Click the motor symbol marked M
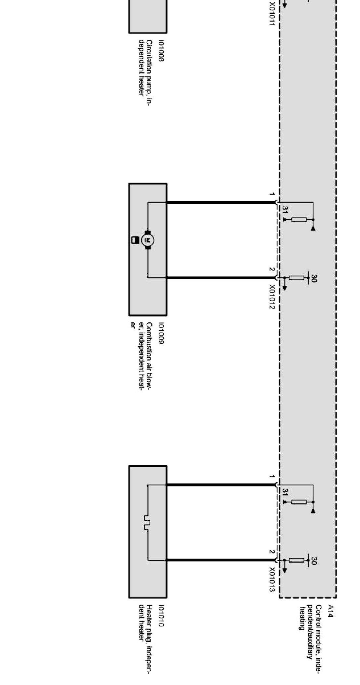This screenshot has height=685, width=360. (x=148, y=240)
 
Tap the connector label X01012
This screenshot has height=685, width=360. (x=272, y=297)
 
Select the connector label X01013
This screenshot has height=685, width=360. (x=272, y=580)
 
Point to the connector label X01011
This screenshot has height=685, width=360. (x=272, y=15)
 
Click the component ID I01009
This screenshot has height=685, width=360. (x=161, y=333)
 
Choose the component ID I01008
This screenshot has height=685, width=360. (x=161, y=51)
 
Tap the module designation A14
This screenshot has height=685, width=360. (x=330, y=611)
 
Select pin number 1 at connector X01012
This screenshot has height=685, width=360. (x=272, y=195)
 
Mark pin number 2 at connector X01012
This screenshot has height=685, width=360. (x=272, y=269)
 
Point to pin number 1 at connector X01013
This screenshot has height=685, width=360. (x=272, y=477)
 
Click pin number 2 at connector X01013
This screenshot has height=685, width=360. (x=272, y=552)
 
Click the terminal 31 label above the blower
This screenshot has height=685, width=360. (x=285, y=210)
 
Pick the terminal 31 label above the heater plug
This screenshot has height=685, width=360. (x=285, y=492)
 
